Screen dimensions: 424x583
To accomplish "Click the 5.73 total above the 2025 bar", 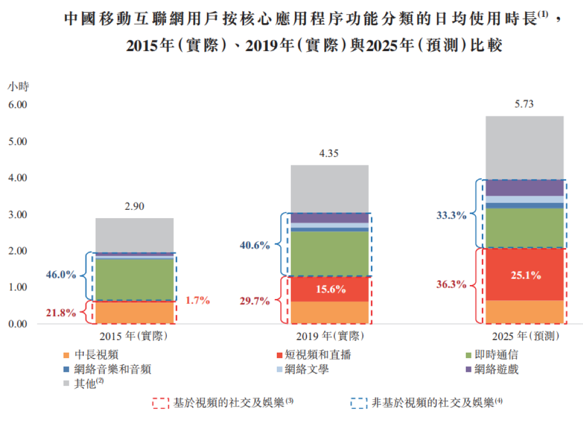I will pyautogui.click(x=524, y=104).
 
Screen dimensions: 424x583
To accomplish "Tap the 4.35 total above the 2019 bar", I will pyautogui.click(x=329, y=153).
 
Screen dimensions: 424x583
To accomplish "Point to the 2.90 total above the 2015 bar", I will pyautogui.click(x=134, y=206).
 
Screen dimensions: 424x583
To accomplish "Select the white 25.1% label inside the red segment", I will pyautogui.click(x=525, y=276).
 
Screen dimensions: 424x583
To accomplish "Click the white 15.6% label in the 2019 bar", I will pyautogui.click(x=330, y=290).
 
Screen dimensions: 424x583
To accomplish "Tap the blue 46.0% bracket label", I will pyautogui.click(x=60, y=275).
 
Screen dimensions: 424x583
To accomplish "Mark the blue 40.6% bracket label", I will pyautogui.click(x=255, y=245).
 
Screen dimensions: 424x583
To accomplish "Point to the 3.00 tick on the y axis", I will pyautogui.click(x=17, y=214).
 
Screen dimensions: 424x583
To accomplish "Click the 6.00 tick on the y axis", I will pyautogui.click(x=17, y=105).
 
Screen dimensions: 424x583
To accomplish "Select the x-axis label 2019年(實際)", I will pyautogui.click(x=329, y=336).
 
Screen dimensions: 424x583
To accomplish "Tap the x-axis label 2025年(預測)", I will pyautogui.click(x=524, y=336).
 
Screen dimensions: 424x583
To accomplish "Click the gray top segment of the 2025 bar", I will pyautogui.click(x=524, y=147).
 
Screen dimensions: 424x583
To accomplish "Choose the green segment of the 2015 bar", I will pyautogui.click(x=134, y=279).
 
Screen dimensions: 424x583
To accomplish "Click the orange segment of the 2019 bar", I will pyautogui.click(x=330, y=313).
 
